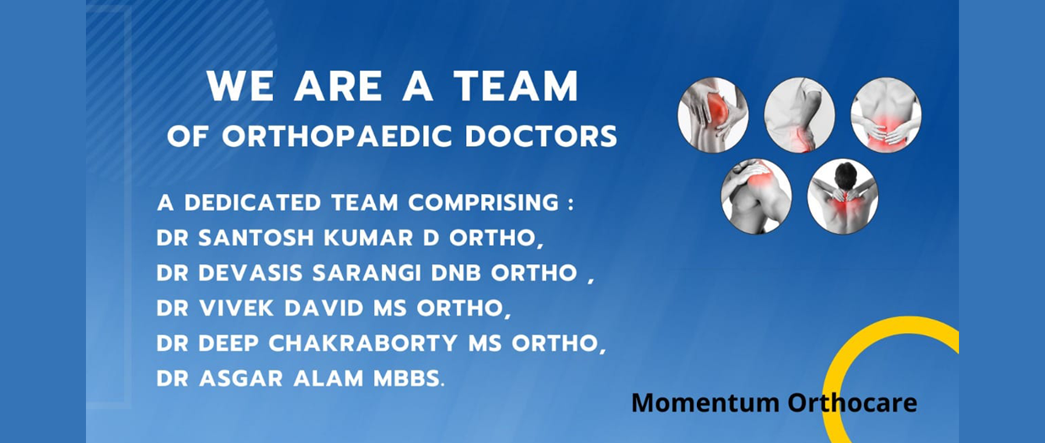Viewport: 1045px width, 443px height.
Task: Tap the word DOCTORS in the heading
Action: pyautogui.click(x=539, y=135)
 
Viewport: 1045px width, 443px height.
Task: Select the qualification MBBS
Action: pyautogui.click(x=405, y=379)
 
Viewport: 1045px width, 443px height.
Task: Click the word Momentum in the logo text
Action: pyautogui.click(x=705, y=403)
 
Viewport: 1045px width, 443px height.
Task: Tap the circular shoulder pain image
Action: pyautogui.click(x=756, y=197)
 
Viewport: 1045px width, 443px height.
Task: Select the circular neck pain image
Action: pyautogui.click(x=843, y=197)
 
